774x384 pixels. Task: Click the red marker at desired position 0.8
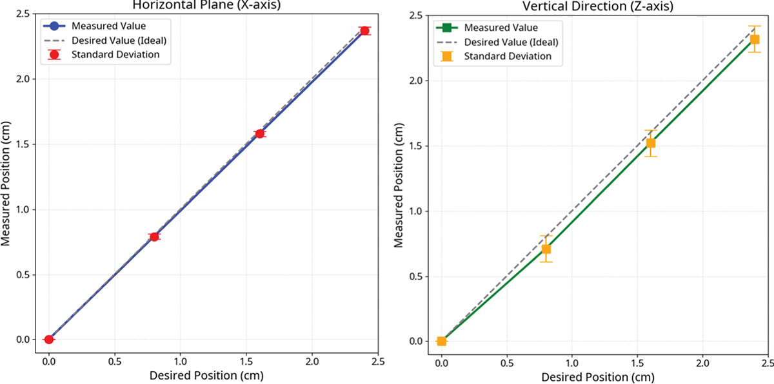coord(154,236)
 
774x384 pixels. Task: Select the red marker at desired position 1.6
coord(259,133)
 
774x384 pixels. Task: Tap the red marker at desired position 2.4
coord(365,30)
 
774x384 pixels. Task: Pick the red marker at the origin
coord(48,339)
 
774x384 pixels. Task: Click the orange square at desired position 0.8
coord(546,249)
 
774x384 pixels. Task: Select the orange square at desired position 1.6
coord(651,143)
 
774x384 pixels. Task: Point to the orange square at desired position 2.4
coord(755,39)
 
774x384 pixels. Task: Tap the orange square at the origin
coord(441,341)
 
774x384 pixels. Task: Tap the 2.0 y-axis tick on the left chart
coord(30,79)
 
